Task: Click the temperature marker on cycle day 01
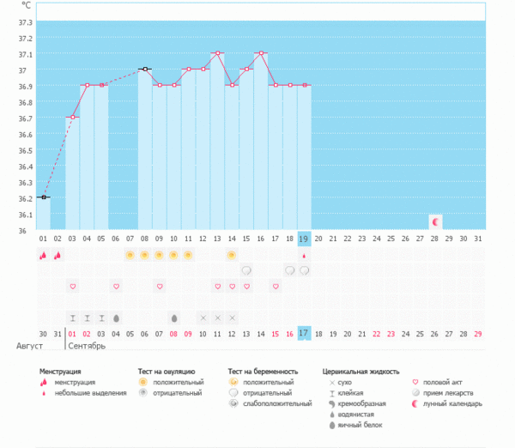point(43,197)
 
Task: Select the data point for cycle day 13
point(217,53)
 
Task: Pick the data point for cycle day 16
point(261,53)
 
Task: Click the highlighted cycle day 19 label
point(304,239)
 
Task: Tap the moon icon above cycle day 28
point(435,221)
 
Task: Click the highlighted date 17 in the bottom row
point(304,333)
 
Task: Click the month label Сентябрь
point(87,347)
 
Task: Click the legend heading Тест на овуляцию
point(167,372)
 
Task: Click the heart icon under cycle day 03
point(72,286)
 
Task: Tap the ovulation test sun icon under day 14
point(232,255)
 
